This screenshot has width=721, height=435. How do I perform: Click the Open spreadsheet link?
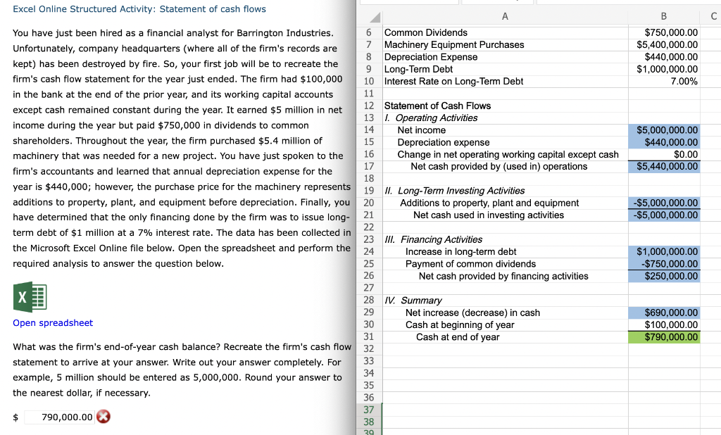coord(53,323)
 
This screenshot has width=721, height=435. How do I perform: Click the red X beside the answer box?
coord(104,417)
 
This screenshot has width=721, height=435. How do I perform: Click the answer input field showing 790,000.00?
coord(59,417)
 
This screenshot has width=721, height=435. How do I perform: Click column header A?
coord(505,16)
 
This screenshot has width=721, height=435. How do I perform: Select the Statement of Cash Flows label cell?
coord(437,106)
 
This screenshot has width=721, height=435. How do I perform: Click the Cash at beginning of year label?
coord(460,325)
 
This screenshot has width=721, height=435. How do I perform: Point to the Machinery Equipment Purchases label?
coord(454,45)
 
